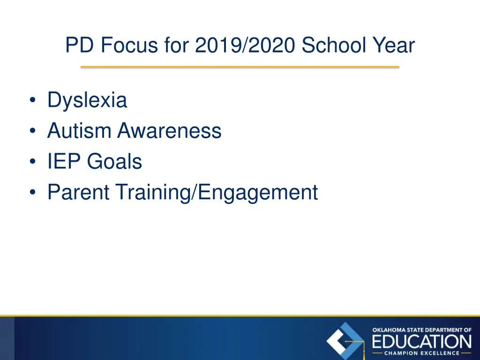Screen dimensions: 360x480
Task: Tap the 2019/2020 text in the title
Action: tap(246, 46)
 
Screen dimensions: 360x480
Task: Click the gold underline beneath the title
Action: tap(240, 67)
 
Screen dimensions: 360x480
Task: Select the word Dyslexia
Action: tap(87, 100)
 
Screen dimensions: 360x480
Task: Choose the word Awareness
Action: tap(169, 131)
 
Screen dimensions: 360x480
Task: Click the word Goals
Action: tap(114, 162)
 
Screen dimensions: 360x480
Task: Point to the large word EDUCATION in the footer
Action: tap(421, 341)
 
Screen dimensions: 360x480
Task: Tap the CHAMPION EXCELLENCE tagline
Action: tap(421, 353)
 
